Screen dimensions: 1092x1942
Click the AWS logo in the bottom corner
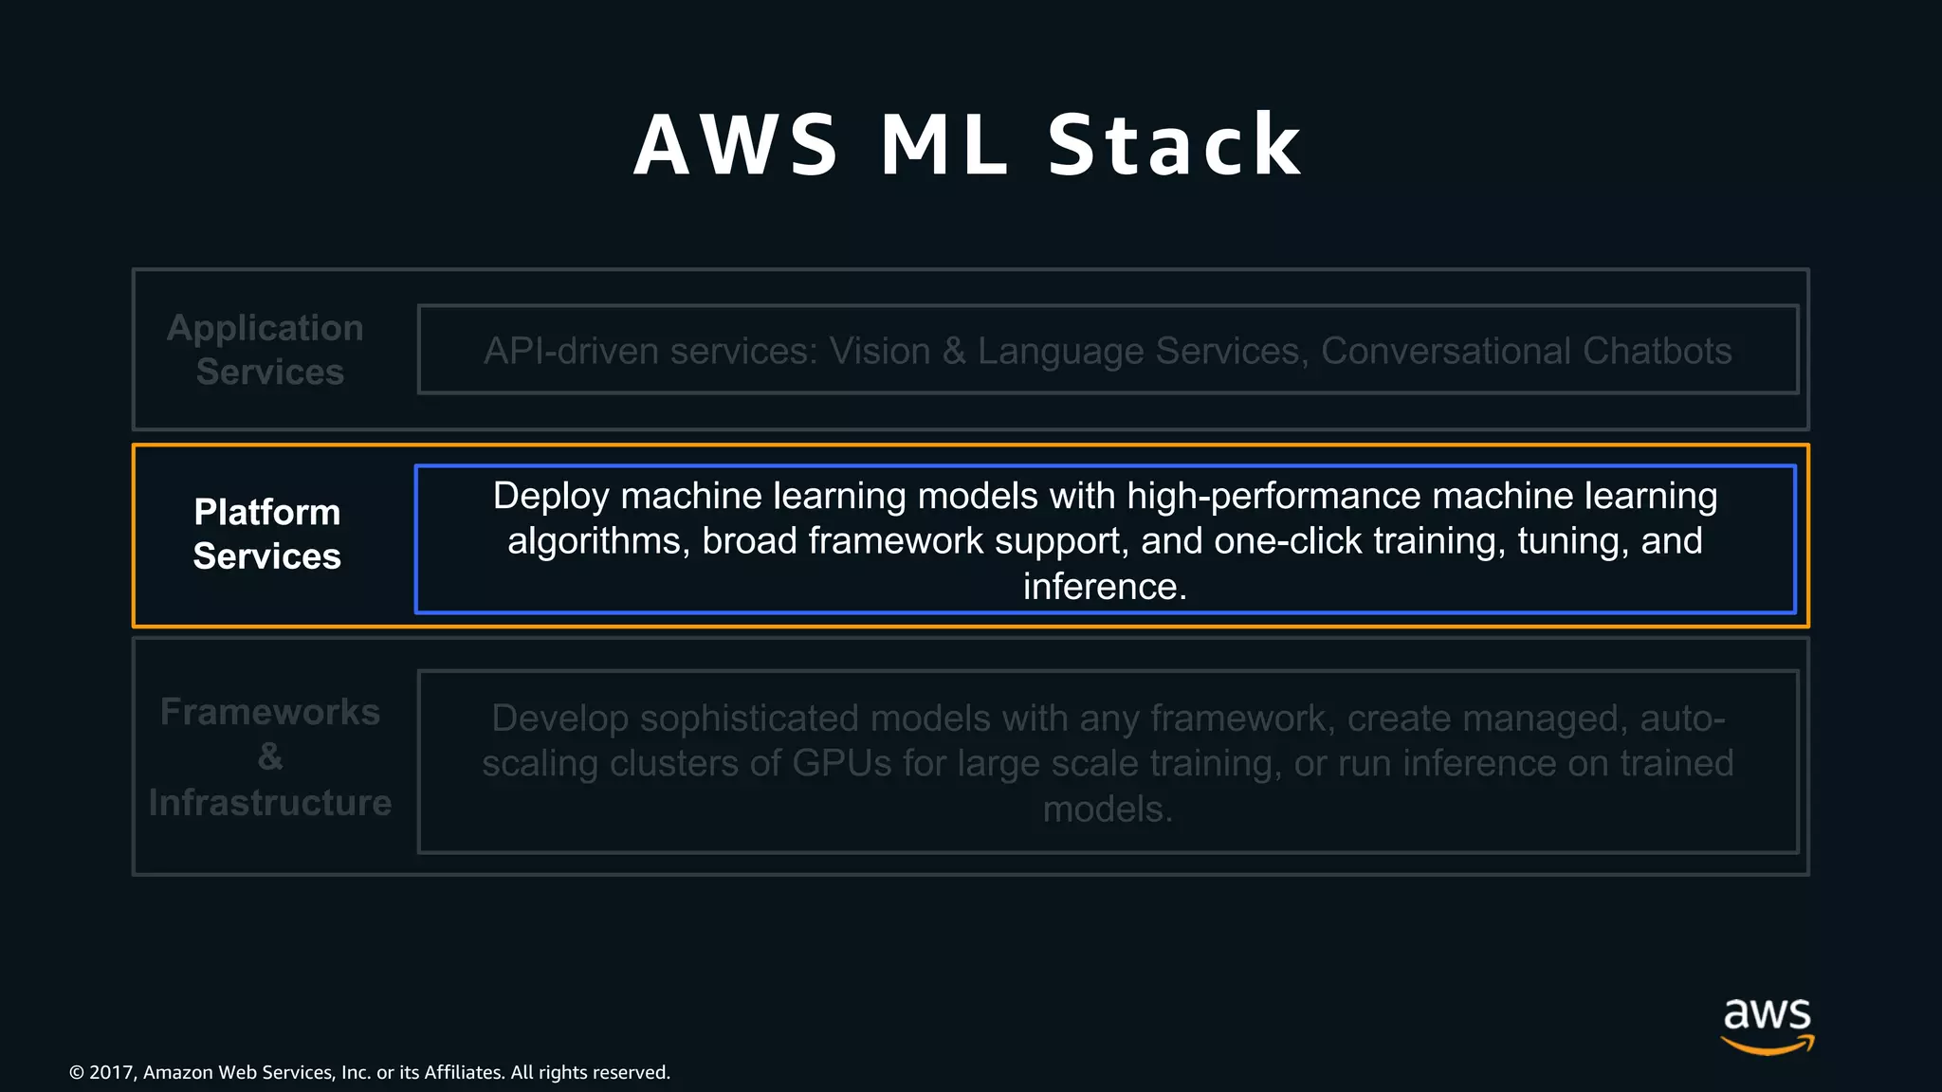coord(1767,1025)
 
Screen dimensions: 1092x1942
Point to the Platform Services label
coord(267,534)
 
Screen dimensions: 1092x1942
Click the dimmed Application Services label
coord(266,350)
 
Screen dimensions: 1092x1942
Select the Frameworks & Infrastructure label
coord(270,756)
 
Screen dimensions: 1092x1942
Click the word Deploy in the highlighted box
coord(551,497)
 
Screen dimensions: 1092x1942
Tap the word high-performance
coord(1273,497)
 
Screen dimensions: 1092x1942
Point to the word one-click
coord(1288,541)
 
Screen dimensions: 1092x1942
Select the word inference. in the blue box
coord(1105,587)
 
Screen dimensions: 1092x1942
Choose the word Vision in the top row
coord(880,352)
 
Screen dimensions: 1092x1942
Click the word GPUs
coord(841,764)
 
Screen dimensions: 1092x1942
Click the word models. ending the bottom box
coord(1108,810)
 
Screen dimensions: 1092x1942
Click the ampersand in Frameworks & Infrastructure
coord(270,756)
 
